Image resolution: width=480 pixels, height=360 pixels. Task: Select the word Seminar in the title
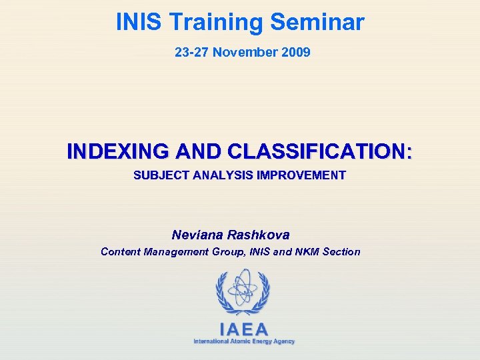click(317, 23)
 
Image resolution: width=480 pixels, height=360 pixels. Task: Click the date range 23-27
click(191, 52)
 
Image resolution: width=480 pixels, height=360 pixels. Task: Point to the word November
click(247, 52)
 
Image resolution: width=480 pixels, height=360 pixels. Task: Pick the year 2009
click(296, 52)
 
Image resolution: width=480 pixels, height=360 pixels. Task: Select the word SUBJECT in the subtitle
click(161, 176)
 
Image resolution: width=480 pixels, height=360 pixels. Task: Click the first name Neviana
click(197, 235)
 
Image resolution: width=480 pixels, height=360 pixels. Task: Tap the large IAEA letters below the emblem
click(244, 329)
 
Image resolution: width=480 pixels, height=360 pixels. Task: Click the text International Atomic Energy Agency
click(244, 341)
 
